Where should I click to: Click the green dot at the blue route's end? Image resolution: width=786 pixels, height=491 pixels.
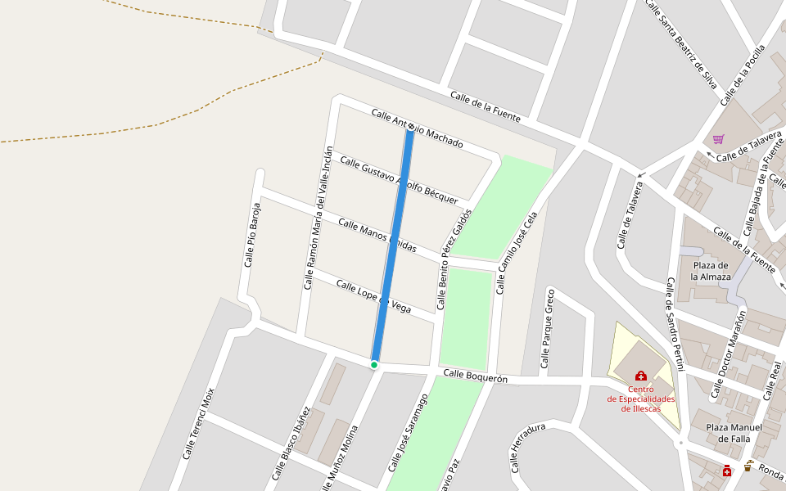pos(374,364)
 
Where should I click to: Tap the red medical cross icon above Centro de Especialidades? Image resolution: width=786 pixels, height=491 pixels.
pos(640,376)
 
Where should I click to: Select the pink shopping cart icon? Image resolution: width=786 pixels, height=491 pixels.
pos(718,139)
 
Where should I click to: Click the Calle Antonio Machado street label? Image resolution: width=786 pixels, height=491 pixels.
pos(417,128)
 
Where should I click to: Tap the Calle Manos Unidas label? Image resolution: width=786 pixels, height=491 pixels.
pos(377,236)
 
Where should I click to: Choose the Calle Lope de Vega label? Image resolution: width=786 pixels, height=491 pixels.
pos(373,297)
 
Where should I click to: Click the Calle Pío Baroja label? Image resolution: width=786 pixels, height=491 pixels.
pos(252,234)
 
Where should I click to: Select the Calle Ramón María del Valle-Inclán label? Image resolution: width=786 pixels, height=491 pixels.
pos(318,218)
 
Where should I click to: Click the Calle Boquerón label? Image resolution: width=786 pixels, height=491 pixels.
pos(475,376)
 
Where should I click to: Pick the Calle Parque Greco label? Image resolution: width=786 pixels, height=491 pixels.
pos(548,331)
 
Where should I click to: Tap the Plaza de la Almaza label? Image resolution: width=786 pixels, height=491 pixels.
pos(710,270)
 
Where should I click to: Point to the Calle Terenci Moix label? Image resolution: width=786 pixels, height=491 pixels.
pos(198,422)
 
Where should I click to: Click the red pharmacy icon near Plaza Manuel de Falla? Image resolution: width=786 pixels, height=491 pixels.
pos(726,470)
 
